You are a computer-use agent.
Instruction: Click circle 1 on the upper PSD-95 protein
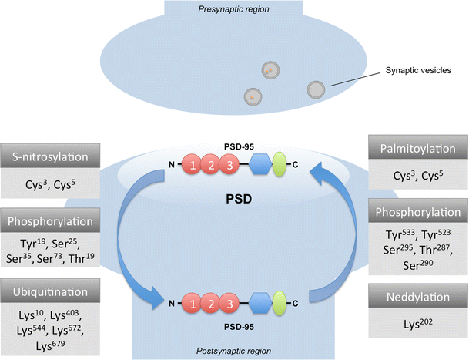click(190, 164)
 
